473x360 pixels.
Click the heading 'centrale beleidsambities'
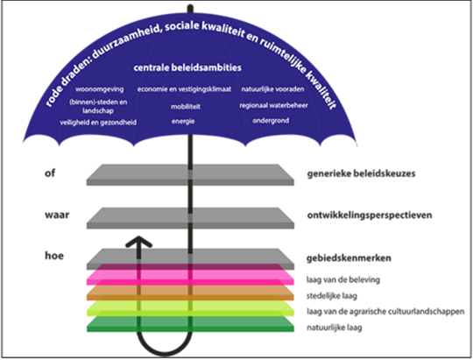tap(187, 67)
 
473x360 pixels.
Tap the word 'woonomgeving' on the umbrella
tap(99, 89)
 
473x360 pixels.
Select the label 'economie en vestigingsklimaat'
tap(184, 89)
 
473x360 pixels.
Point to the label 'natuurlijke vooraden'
tap(272, 89)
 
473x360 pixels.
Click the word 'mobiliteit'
tap(186, 107)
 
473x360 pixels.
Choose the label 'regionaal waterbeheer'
tap(273, 106)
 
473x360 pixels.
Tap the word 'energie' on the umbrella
tap(183, 121)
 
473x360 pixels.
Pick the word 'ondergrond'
tap(271, 121)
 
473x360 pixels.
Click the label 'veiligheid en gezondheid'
tap(98, 123)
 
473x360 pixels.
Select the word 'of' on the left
tap(50, 173)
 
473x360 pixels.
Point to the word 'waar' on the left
tap(57, 215)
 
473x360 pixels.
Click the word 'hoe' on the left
tap(54, 256)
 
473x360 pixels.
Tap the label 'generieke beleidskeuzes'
tap(361, 173)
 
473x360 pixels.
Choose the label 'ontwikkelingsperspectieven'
tap(370, 215)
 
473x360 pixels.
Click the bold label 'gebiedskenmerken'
tap(349, 258)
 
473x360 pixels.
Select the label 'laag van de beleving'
tap(343, 280)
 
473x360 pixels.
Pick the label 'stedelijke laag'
tap(332, 296)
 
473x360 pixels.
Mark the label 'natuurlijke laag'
tap(335, 328)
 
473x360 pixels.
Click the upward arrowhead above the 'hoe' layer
tap(138, 242)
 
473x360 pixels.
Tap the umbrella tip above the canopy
tap(190, 8)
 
